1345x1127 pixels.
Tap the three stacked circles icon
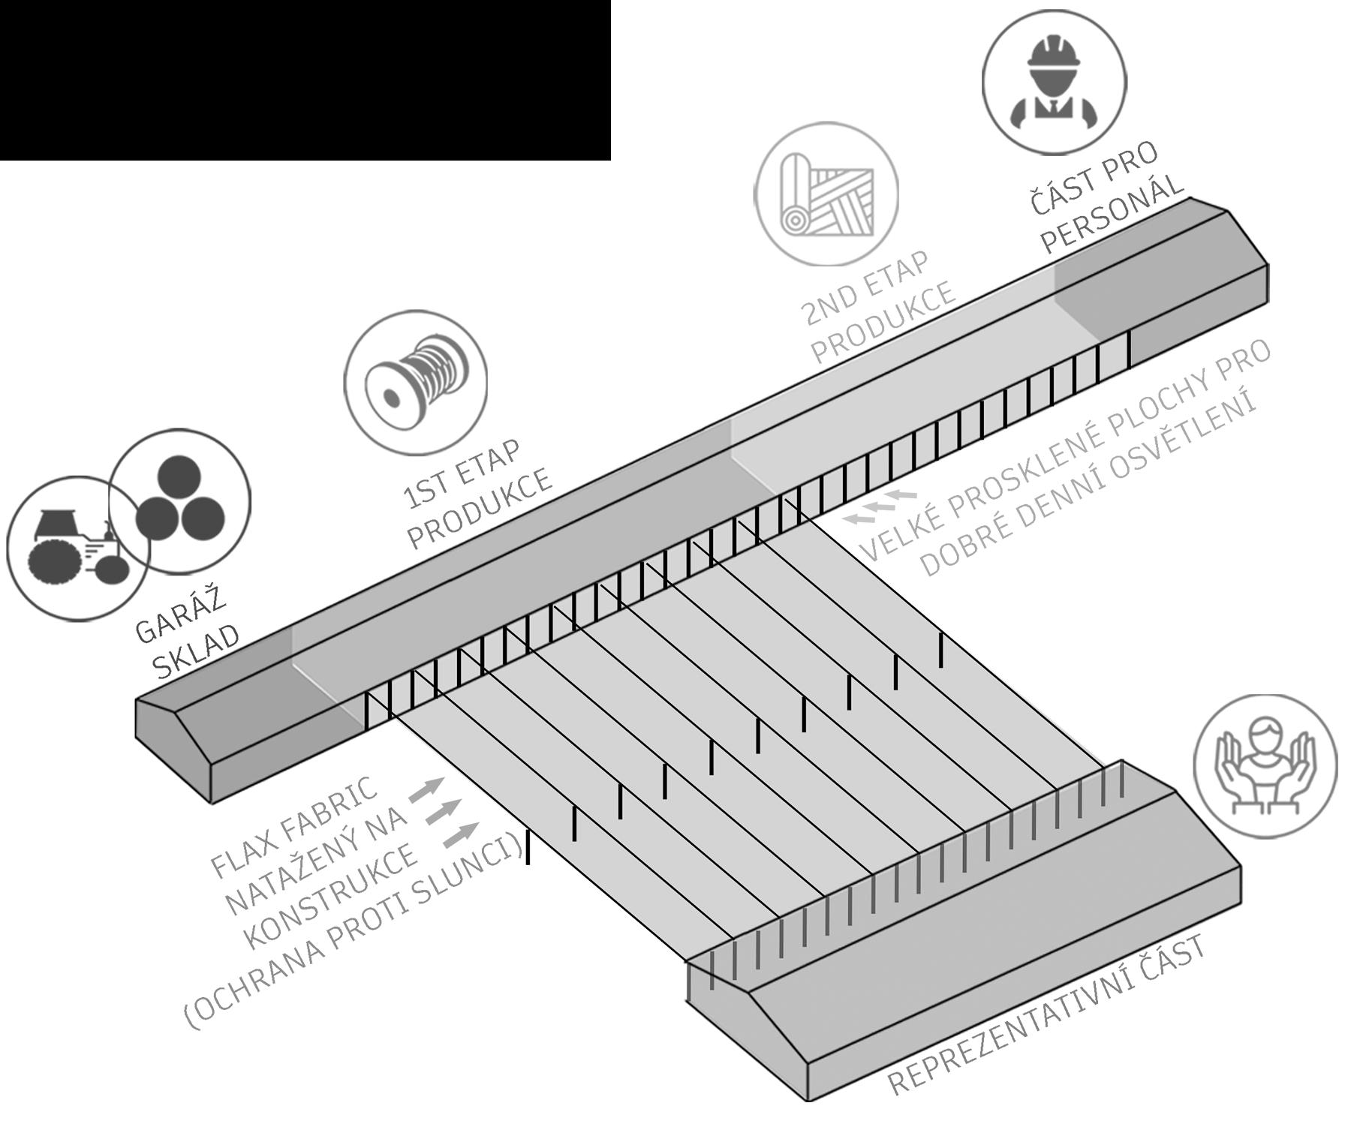(x=180, y=499)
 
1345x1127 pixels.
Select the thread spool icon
(x=415, y=382)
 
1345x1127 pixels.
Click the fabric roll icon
(x=826, y=194)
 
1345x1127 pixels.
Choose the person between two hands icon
(x=1265, y=765)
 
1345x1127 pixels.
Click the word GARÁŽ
(x=180, y=617)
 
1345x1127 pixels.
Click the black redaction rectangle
(x=305, y=80)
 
